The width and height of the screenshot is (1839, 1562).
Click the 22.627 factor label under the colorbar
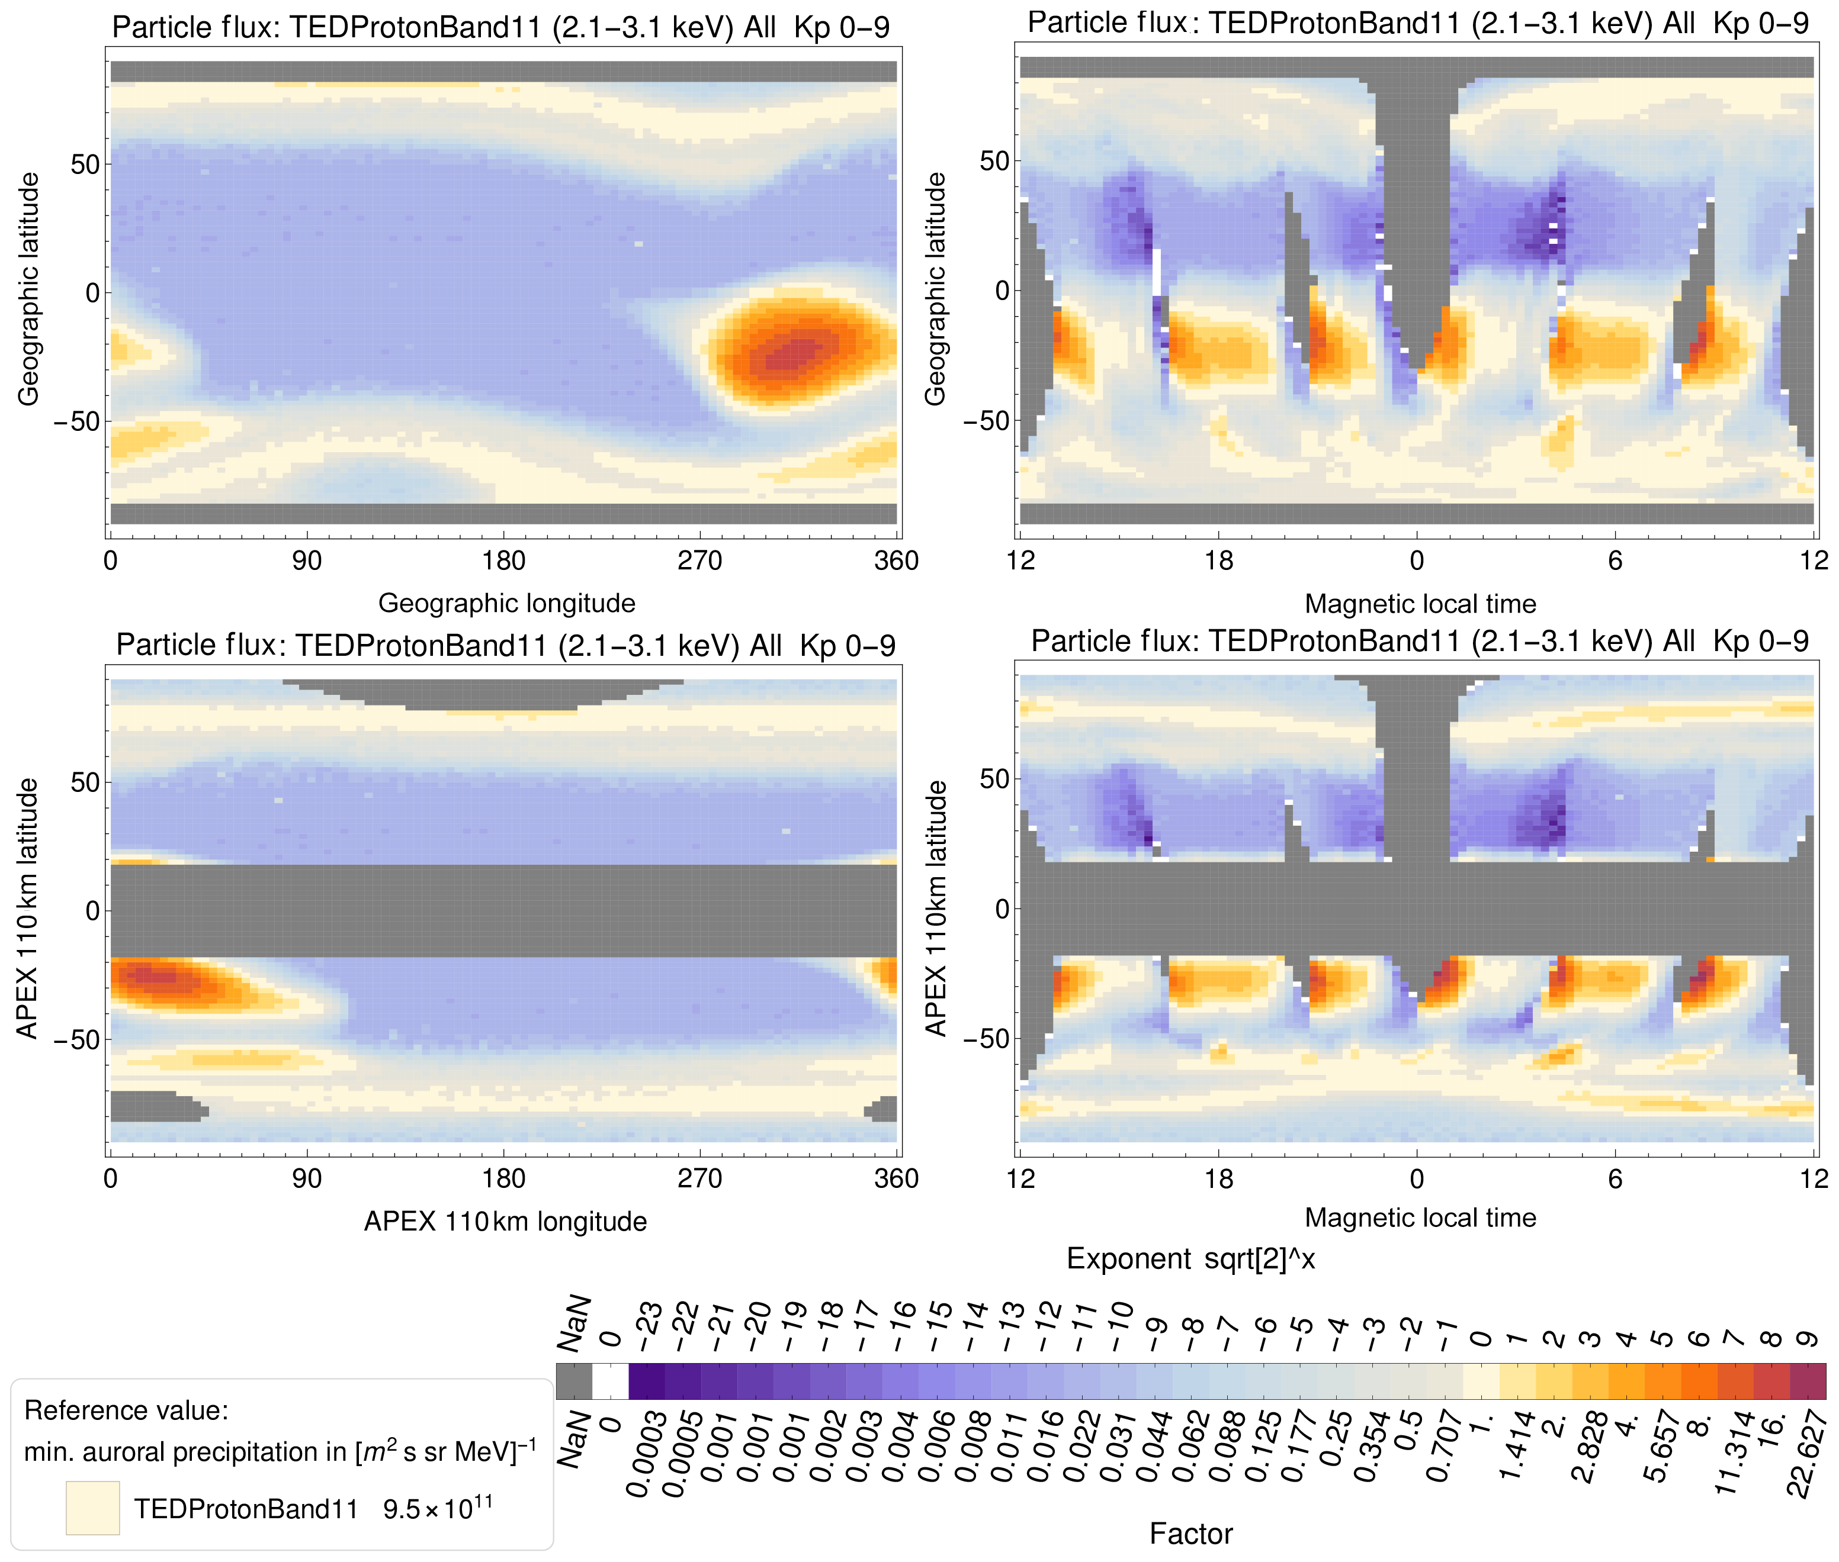1807,1452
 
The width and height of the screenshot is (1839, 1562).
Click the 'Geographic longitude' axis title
507,603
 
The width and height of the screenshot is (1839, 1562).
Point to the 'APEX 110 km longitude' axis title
505,1221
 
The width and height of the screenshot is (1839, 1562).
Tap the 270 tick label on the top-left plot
700,561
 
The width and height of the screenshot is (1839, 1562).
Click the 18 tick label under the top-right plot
1219,561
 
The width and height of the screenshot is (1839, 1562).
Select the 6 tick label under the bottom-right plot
1615,1178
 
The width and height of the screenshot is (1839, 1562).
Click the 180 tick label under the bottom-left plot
503,1178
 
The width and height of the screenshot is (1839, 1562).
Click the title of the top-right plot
1417,23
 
